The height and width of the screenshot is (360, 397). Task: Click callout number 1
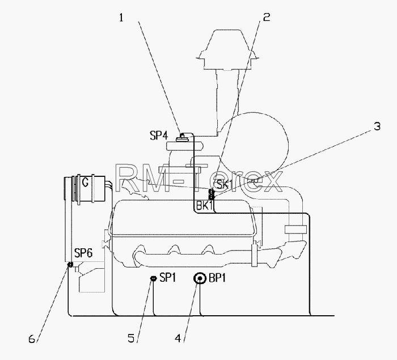pyautogui.click(x=121, y=18)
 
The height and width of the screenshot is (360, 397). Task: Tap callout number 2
pyautogui.click(x=267, y=17)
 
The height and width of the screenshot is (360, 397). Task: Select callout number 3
pyautogui.click(x=377, y=126)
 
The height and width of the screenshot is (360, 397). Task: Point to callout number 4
pyautogui.click(x=178, y=338)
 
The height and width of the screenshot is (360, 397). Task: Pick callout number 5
pyautogui.click(x=131, y=338)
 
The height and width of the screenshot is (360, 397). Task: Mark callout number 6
pyautogui.click(x=32, y=338)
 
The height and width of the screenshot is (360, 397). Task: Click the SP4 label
pyautogui.click(x=159, y=135)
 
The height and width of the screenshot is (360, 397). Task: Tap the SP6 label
pyautogui.click(x=83, y=253)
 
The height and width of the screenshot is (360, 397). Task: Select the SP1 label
pyautogui.click(x=168, y=278)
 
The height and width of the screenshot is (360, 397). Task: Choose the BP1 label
pyautogui.click(x=217, y=278)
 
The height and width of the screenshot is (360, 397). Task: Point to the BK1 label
pyautogui.click(x=204, y=206)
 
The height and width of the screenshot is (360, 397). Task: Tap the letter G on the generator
pyautogui.click(x=85, y=182)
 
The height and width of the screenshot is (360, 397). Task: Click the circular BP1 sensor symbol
pyautogui.click(x=200, y=278)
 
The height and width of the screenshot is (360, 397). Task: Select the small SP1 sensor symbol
pyautogui.click(x=153, y=279)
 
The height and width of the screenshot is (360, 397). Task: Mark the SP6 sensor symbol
pyautogui.click(x=70, y=265)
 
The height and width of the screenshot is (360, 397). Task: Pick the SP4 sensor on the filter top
pyautogui.click(x=182, y=137)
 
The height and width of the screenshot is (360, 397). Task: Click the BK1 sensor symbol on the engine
pyautogui.click(x=211, y=194)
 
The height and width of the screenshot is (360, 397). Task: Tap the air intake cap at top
pyautogui.click(x=227, y=49)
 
